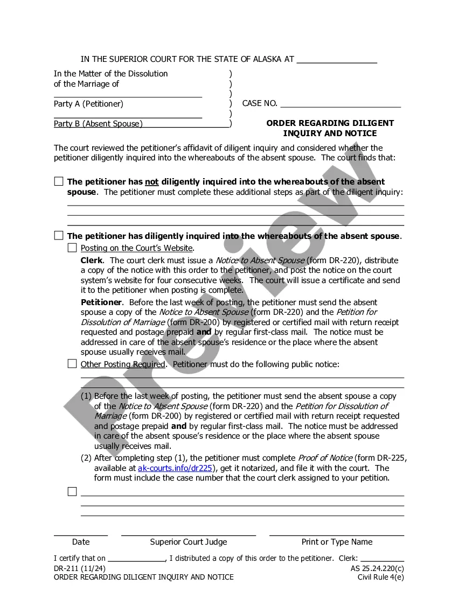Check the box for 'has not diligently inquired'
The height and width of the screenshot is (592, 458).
tap(59, 181)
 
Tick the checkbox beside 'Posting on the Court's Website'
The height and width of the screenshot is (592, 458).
tap(72, 248)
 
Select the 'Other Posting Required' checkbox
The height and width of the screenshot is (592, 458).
tap(72, 364)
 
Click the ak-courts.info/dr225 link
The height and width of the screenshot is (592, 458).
tap(175, 468)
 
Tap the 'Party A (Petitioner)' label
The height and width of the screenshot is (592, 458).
tap(88, 104)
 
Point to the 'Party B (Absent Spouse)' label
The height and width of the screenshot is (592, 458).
tap(98, 124)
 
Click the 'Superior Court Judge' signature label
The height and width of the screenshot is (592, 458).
tap(189, 542)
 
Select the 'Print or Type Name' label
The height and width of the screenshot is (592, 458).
tap(337, 542)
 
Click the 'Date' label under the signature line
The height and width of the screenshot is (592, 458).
tap(81, 542)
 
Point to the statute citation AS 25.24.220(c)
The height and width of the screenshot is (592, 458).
tap(373, 568)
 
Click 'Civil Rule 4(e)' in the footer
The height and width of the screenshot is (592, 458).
tap(380, 577)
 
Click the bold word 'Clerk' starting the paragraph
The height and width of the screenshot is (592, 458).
tap(92, 260)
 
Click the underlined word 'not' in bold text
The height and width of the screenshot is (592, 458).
tap(151, 182)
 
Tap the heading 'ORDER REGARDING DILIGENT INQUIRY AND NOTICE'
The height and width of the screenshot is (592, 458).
tap(330, 128)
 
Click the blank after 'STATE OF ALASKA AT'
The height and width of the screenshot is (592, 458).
tap(337, 60)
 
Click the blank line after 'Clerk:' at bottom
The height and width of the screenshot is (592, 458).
tap(382, 559)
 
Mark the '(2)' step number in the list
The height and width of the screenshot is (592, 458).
tap(86, 458)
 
